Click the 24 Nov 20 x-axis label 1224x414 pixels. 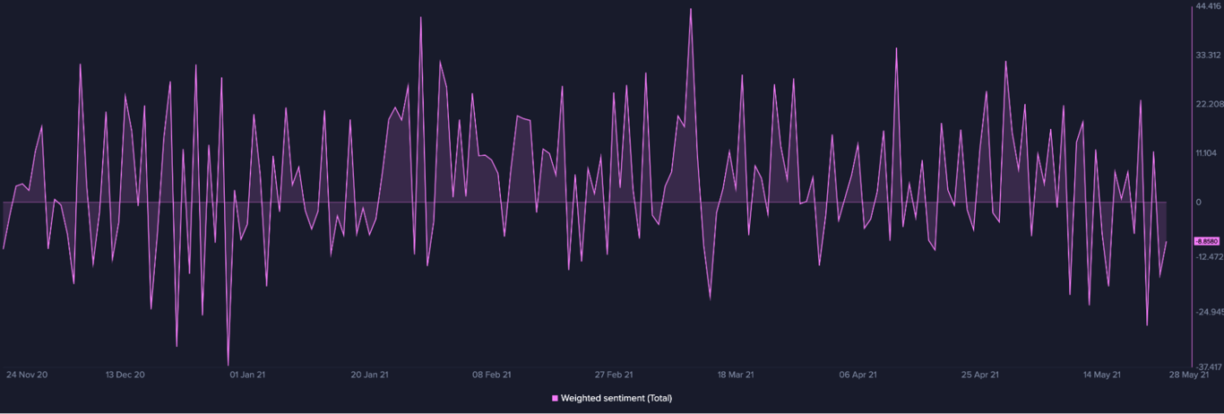coord(27,375)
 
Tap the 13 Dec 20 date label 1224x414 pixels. coord(125,375)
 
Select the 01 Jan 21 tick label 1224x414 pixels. coord(247,375)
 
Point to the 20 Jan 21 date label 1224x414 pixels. coord(370,375)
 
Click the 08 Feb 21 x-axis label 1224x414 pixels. coord(492,375)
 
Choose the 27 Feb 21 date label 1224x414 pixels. coord(615,375)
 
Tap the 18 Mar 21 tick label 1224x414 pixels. coord(736,375)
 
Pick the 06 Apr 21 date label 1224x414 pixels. coord(858,375)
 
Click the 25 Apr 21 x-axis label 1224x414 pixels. coord(980,375)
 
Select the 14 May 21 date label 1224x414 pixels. coord(1102,375)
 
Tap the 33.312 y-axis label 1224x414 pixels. coord(1208,54)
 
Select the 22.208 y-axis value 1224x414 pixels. coord(1208,104)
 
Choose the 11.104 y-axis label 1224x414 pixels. coord(1208,153)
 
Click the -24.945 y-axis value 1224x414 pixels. coord(1208,312)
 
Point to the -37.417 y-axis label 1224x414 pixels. coord(1208,367)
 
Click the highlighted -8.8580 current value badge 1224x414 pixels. coord(1206,241)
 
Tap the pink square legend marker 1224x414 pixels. coord(555,399)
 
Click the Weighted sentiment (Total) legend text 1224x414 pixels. coord(616,399)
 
